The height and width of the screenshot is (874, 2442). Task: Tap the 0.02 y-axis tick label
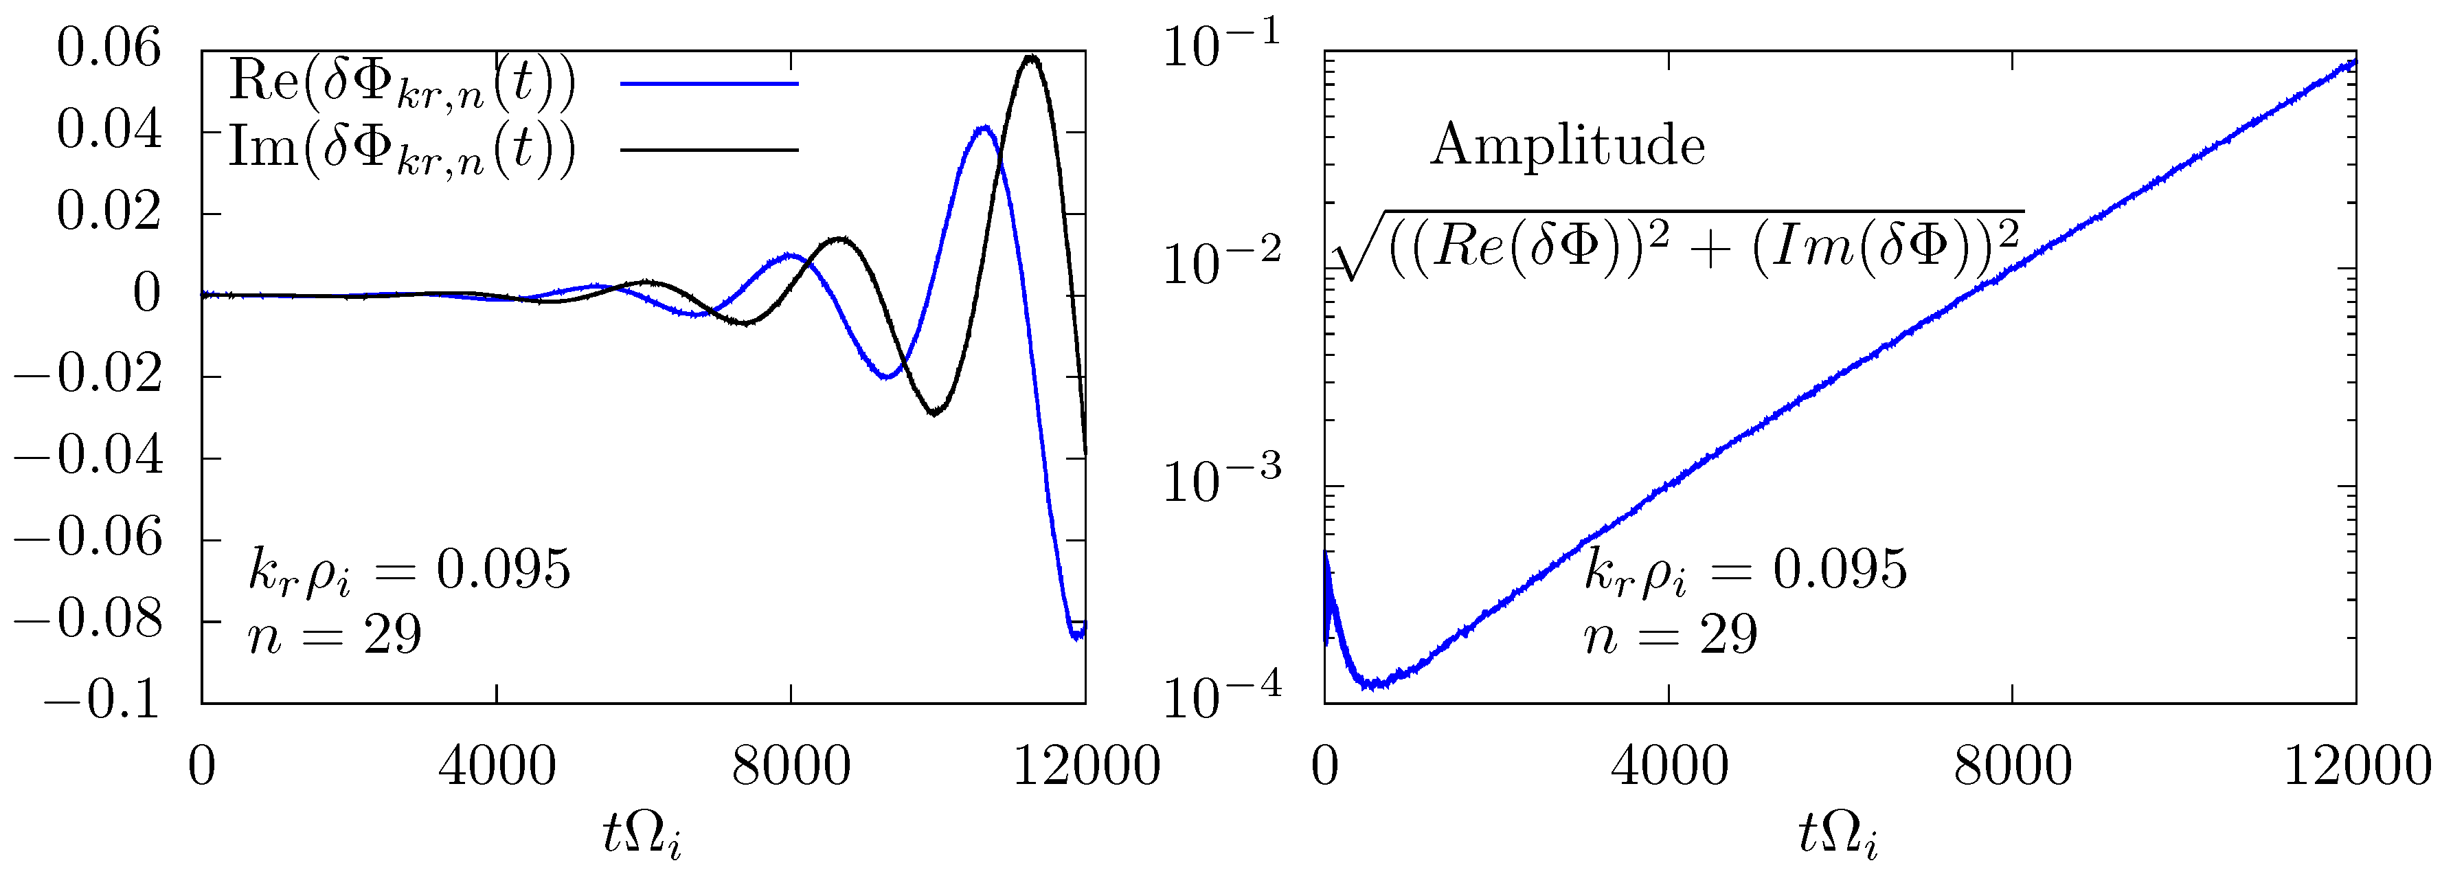tap(109, 212)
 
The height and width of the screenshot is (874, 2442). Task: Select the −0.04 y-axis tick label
tap(88, 456)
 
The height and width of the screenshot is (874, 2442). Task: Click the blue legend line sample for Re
tap(709, 83)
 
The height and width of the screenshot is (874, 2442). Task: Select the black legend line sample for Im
tap(709, 149)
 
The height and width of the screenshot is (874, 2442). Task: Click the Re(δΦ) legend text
tap(402, 82)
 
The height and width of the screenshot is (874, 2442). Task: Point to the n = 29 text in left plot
tap(335, 635)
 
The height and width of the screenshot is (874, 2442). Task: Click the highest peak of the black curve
tap(1031, 58)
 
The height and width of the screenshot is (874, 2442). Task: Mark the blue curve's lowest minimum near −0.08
tap(1076, 637)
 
